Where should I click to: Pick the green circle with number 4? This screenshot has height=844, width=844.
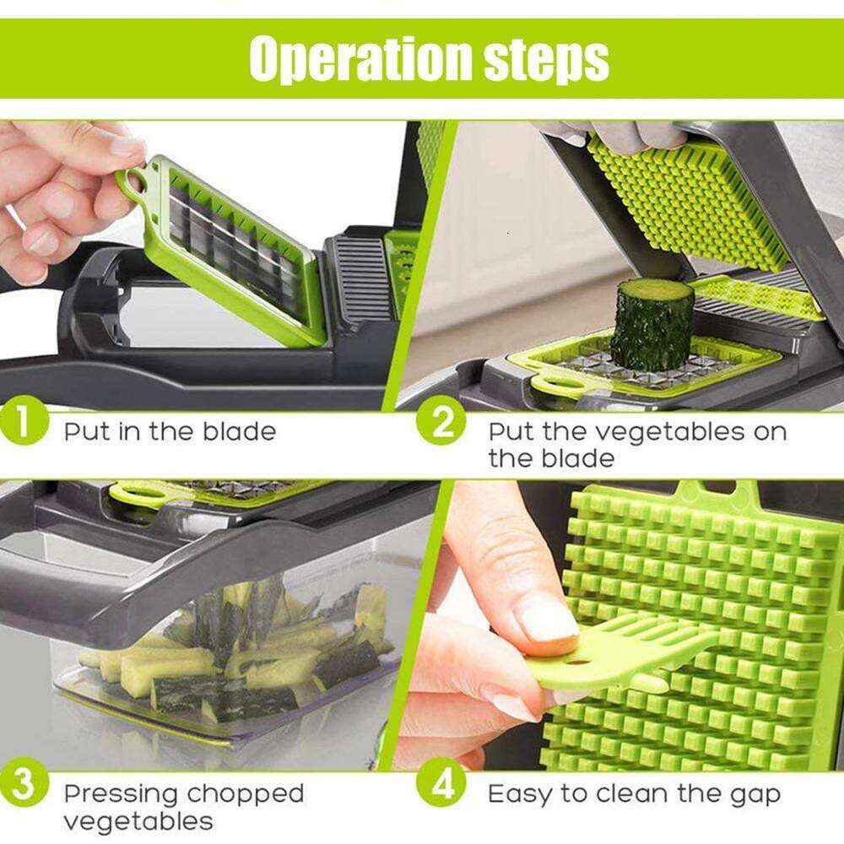(442, 785)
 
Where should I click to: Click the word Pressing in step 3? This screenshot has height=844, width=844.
(122, 794)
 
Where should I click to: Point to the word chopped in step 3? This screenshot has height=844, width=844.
(246, 794)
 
